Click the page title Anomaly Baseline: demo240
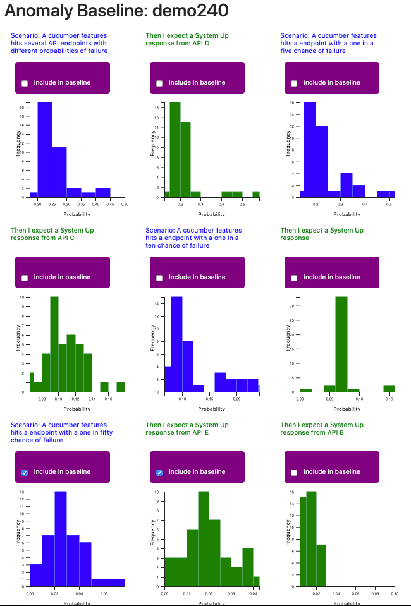(117, 11)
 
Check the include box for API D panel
(159, 83)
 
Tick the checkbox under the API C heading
(25, 277)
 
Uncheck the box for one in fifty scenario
(25, 472)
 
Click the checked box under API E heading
(159, 472)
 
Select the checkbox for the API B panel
(294, 472)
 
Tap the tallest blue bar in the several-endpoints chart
(44, 149)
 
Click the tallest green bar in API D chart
(175, 149)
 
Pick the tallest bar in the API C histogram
(54, 344)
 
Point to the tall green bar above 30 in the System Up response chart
(341, 344)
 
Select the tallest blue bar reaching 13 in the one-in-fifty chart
(61, 538)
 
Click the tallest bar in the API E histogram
(203, 538)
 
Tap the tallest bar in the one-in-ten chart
(176, 344)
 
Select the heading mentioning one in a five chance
(328, 43)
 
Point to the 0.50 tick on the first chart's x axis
(125, 206)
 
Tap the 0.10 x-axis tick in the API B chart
(395, 594)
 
